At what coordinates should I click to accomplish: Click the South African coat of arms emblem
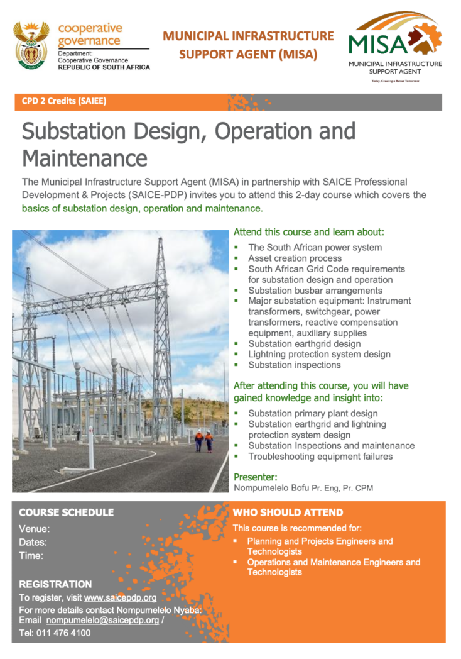click(x=31, y=45)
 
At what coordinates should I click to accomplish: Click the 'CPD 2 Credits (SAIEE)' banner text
click(x=64, y=101)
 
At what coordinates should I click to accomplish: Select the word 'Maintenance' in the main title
click(x=85, y=158)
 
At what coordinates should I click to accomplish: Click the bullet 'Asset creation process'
click(x=295, y=258)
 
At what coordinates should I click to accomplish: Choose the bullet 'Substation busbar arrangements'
click(x=315, y=291)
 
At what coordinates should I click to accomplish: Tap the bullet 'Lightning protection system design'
click(x=319, y=354)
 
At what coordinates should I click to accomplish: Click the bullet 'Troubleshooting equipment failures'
click(x=320, y=457)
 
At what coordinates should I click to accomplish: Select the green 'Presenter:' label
click(x=255, y=477)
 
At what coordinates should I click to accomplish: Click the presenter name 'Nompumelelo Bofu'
click(x=271, y=488)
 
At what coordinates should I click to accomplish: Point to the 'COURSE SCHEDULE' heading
click(x=67, y=512)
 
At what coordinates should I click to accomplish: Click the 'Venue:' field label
click(x=34, y=529)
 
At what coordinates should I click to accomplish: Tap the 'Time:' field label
click(x=31, y=556)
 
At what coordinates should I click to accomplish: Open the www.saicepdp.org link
click(x=120, y=597)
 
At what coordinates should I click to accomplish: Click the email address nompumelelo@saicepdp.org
click(x=102, y=621)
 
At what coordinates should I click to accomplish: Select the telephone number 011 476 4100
click(x=63, y=633)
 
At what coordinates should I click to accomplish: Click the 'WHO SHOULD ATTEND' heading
click(x=288, y=512)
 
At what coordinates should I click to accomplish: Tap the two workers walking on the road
click(x=204, y=441)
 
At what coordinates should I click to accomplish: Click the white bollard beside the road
click(x=91, y=448)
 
